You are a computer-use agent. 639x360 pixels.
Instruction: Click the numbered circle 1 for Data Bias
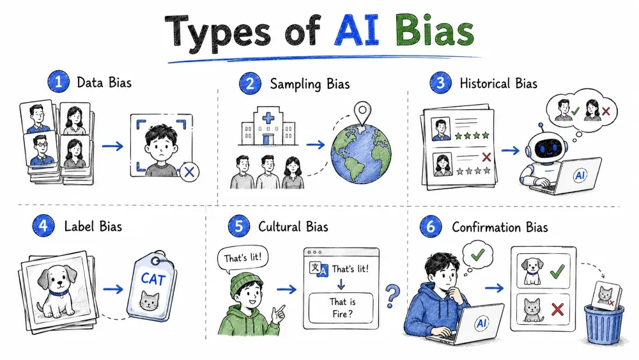tap(58, 82)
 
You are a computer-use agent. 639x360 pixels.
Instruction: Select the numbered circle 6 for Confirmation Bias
tap(431, 226)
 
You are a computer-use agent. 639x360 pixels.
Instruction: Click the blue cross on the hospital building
tap(268, 118)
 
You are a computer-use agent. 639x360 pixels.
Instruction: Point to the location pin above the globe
tap(362, 113)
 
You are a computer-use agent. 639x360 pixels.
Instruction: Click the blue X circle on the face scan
tap(190, 171)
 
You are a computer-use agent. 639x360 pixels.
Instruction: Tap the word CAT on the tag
tap(153, 279)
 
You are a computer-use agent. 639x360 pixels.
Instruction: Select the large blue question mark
tap(392, 296)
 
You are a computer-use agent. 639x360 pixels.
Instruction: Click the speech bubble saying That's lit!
tap(242, 259)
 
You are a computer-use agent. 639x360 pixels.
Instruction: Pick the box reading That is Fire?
tap(341, 308)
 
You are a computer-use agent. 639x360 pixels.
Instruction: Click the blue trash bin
tap(604, 325)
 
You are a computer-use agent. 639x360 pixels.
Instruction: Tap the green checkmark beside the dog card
tap(557, 270)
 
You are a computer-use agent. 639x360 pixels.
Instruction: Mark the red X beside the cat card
tap(557, 309)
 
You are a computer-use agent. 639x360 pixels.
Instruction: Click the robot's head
tap(546, 148)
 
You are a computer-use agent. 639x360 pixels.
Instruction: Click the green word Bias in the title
tap(435, 31)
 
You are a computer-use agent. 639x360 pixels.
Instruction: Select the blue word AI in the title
tap(357, 31)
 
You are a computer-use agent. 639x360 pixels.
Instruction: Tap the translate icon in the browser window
tap(318, 269)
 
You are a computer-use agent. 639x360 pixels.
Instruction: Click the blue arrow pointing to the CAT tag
tap(113, 289)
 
